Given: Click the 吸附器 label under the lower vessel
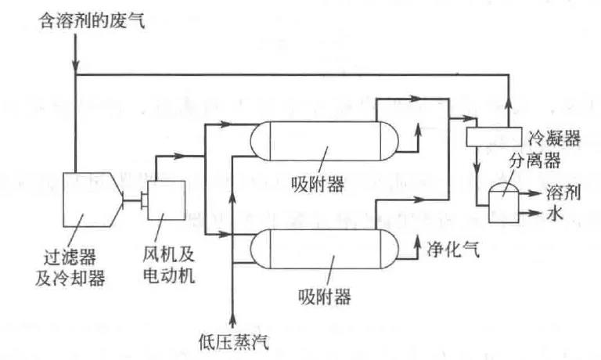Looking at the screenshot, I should (x=323, y=297).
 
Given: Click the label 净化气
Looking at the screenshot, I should (x=453, y=248).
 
